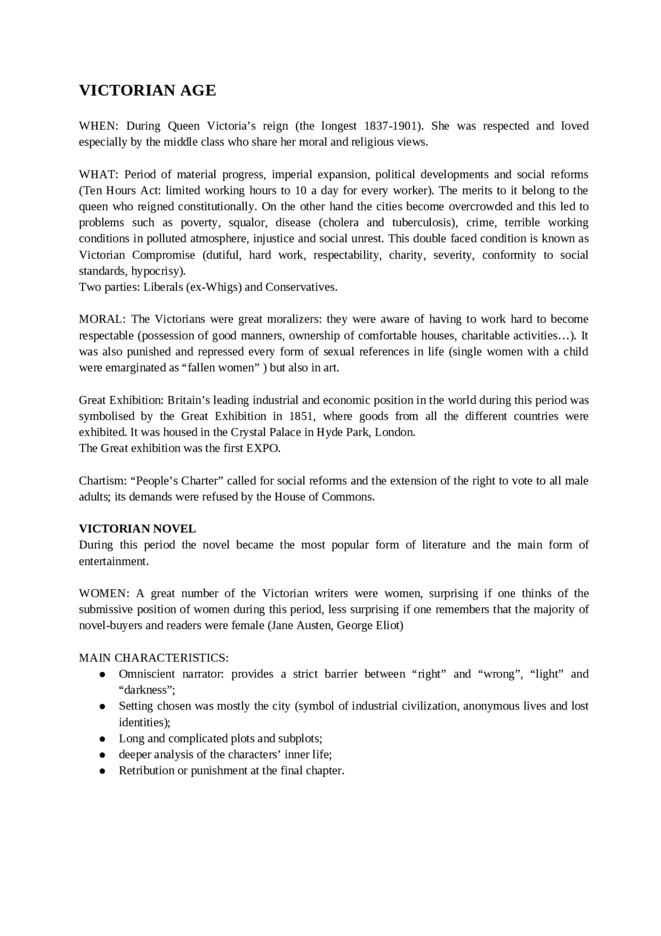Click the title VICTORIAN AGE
tap(147, 90)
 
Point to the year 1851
tap(301, 417)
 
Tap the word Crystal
tap(250, 433)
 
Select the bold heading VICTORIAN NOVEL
tap(137, 529)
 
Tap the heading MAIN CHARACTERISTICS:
tap(154, 658)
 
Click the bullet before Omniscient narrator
tap(103, 674)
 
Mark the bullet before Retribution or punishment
tap(103, 771)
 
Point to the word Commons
tap(347, 497)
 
